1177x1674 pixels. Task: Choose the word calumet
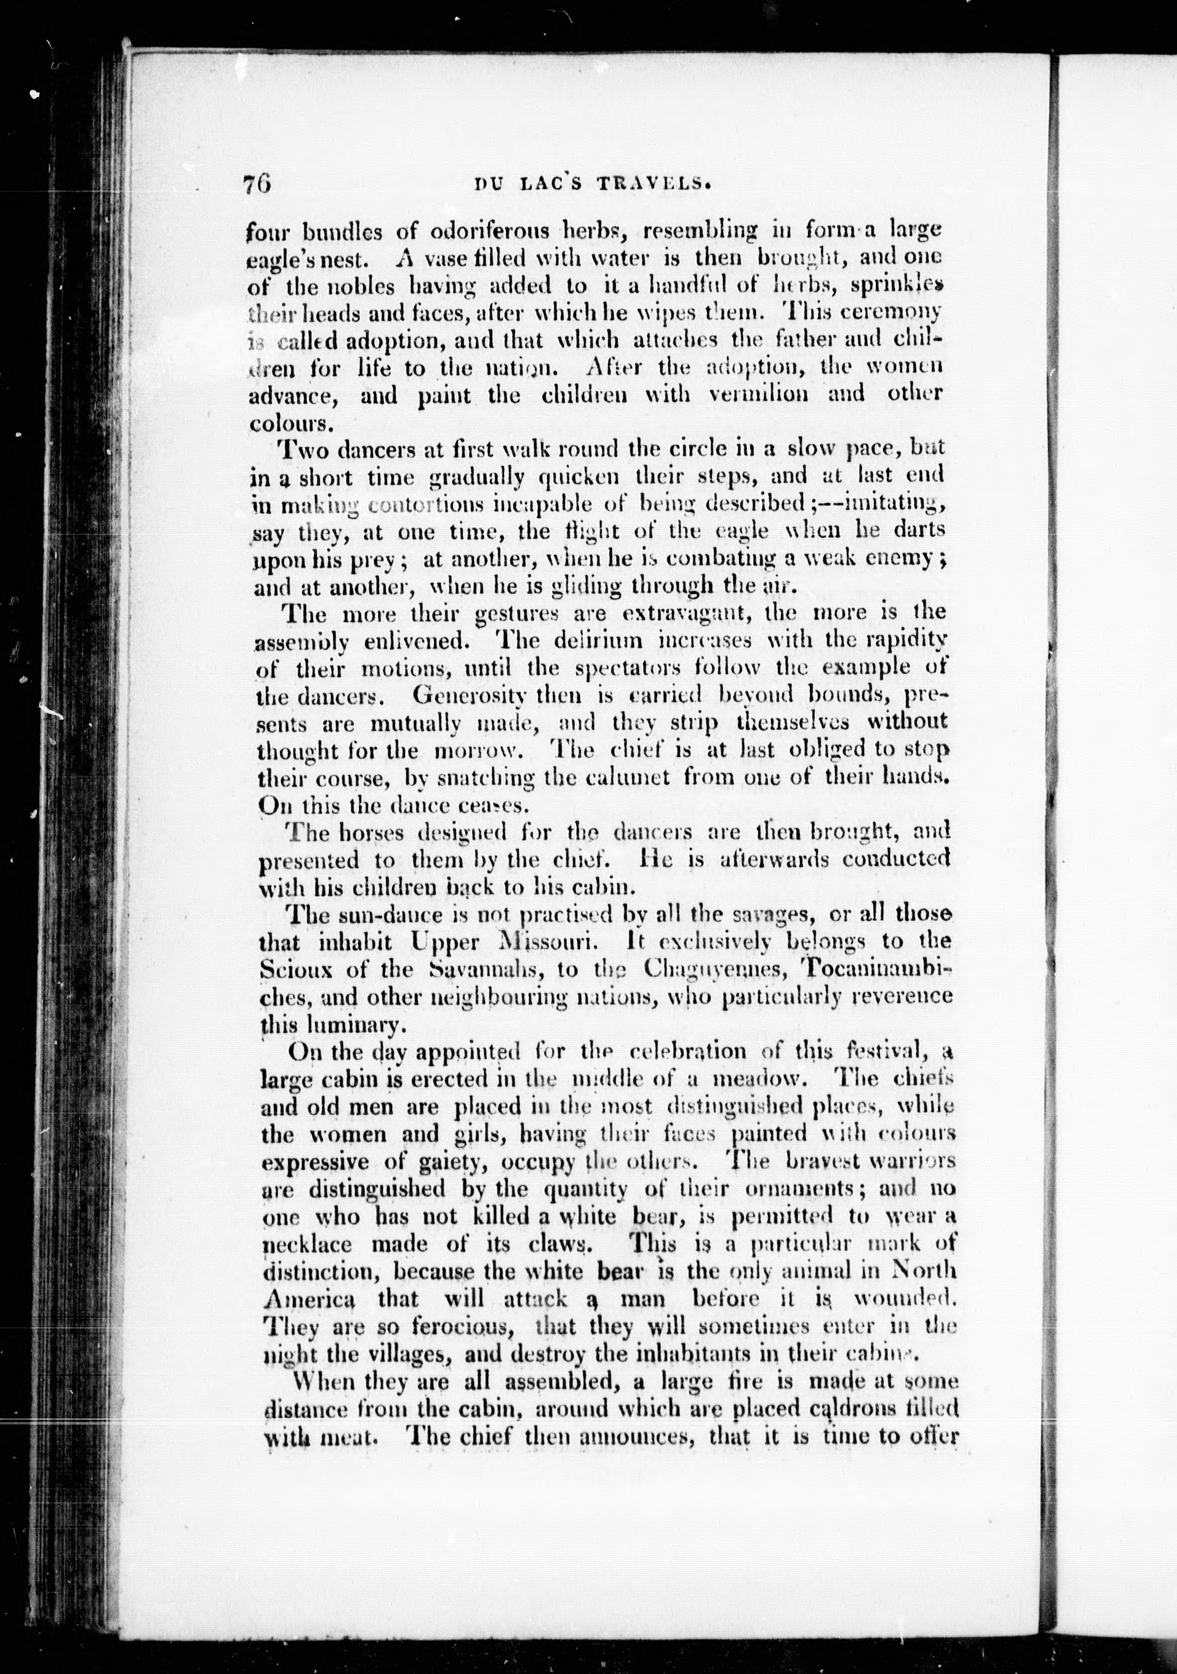click(x=628, y=777)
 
